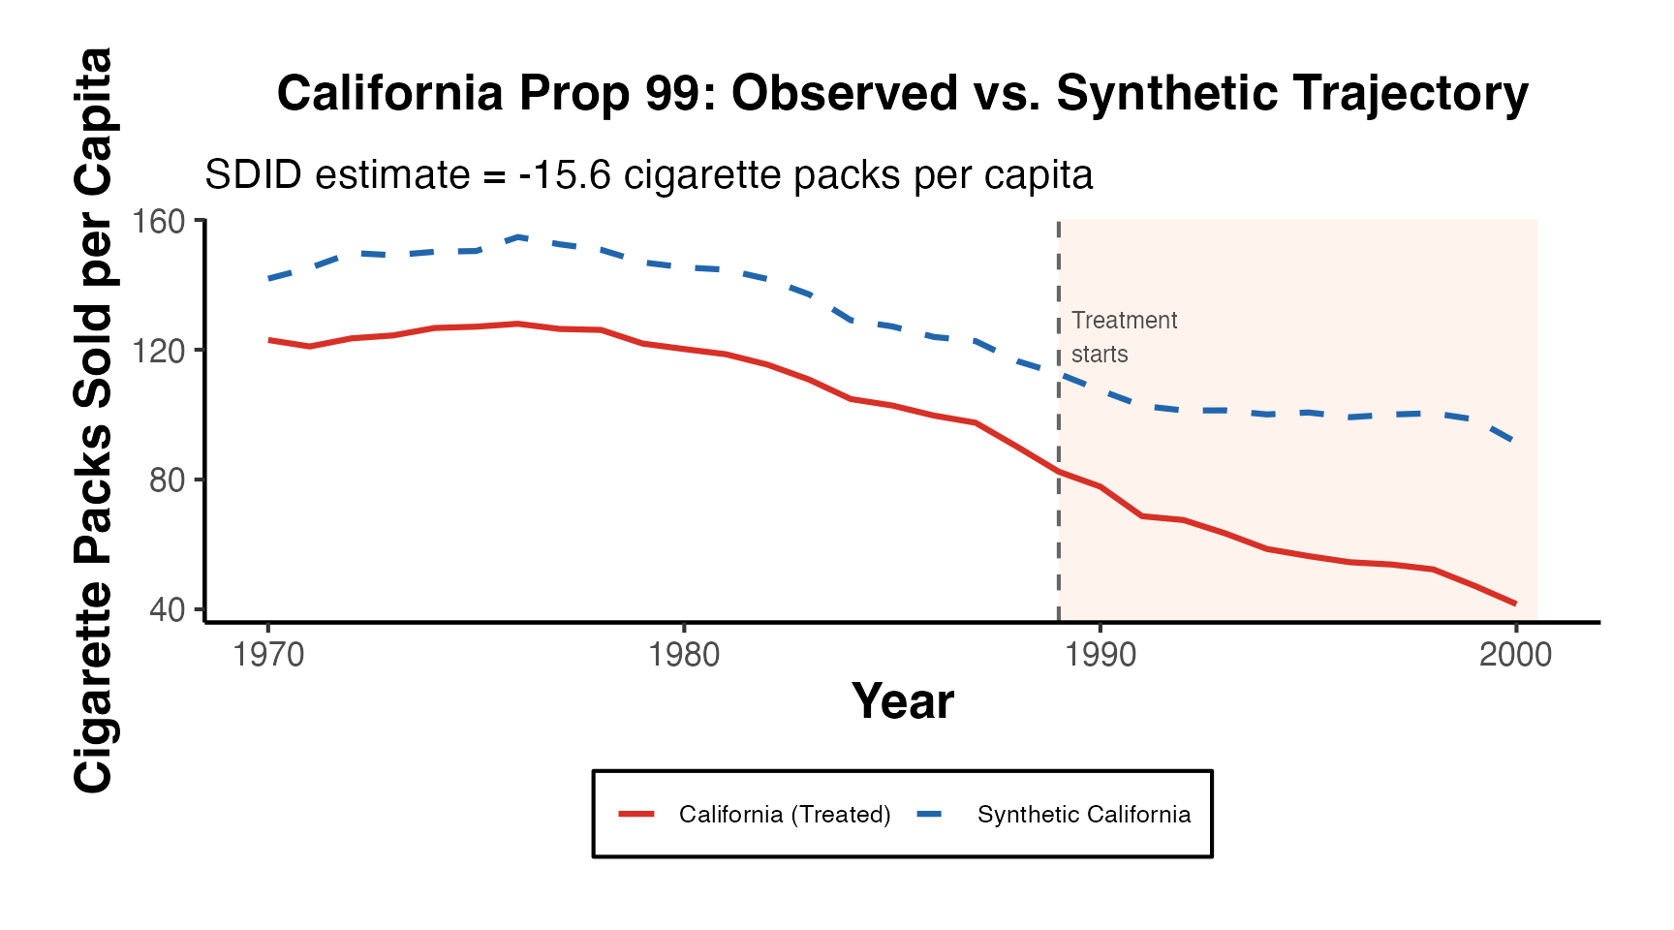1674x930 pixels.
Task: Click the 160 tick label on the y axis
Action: (x=159, y=222)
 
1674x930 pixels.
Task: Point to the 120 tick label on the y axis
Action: (x=159, y=351)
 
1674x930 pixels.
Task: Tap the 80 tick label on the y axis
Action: (x=167, y=480)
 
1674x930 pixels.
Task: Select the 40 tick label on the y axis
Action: (x=167, y=610)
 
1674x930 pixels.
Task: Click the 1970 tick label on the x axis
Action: (x=268, y=656)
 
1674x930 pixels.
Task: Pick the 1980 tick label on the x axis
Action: (x=684, y=656)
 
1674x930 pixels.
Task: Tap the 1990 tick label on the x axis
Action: (x=1100, y=656)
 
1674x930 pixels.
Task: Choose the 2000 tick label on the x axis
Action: (x=1515, y=656)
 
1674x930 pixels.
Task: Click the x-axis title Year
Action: (x=902, y=701)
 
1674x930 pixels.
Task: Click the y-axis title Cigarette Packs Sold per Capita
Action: (x=94, y=420)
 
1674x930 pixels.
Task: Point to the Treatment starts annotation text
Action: (x=1124, y=337)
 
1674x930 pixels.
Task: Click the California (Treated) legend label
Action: (x=785, y=815)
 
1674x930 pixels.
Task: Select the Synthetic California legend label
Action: (x=1084, y=815)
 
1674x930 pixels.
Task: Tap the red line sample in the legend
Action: (x=636, y=815)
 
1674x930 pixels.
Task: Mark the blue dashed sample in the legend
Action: (x=930, y=815)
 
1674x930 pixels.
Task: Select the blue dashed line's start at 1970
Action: (x=269, y=279)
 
